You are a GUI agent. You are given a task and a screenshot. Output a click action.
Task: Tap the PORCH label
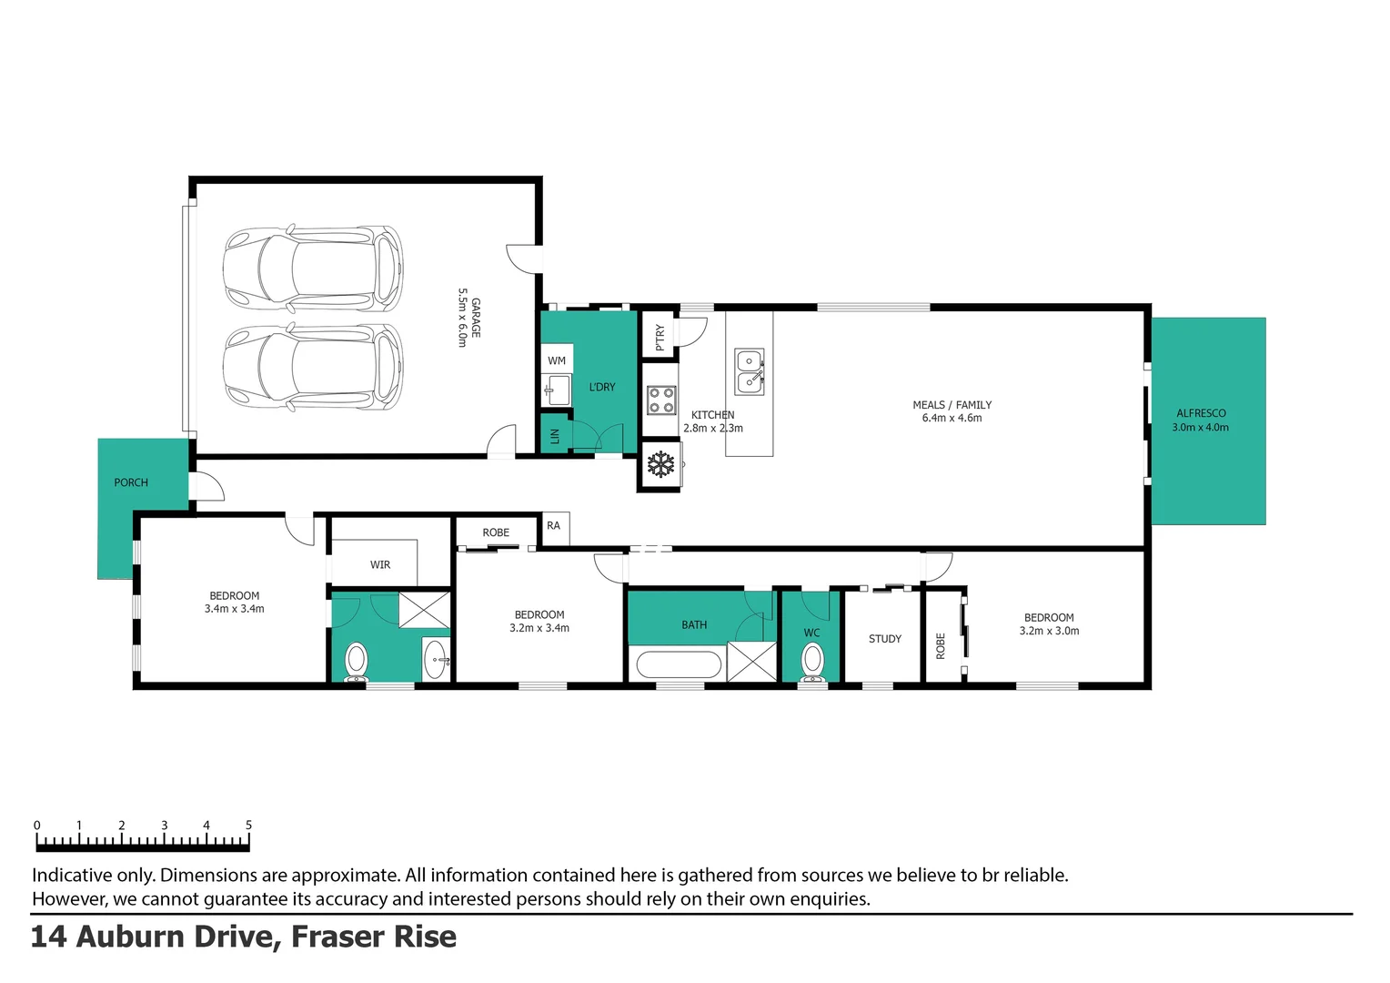coord(131,482)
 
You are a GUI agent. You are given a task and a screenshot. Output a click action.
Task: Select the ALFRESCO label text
coord(1201,413)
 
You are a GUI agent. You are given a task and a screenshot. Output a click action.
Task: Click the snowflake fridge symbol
coord(660,465)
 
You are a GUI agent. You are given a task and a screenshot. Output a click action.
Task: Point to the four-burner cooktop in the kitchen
coord(660,400)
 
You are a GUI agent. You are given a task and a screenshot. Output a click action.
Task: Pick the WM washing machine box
coord(557,360)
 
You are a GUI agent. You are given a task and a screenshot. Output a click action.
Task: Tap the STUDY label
coord(884,639)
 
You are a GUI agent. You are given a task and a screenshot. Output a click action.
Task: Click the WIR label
coord(380,565)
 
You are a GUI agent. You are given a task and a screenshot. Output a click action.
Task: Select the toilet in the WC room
coord(811,661)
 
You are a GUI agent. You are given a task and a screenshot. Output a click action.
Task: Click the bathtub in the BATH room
coord(679,664)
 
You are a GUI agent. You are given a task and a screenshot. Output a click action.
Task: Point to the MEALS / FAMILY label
coord(952,405)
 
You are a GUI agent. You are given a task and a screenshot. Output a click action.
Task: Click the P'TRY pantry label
coord(660,337)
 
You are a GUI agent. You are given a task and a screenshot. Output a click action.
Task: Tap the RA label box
coord(554,526)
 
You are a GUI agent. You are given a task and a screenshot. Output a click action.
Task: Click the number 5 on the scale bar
coord(248,826)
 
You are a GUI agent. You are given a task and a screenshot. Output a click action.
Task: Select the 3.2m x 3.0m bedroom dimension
coord(1049,631)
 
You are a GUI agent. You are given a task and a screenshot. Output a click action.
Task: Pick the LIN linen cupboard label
coord(554,437)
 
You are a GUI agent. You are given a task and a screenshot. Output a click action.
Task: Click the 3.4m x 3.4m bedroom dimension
coord(234,609)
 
